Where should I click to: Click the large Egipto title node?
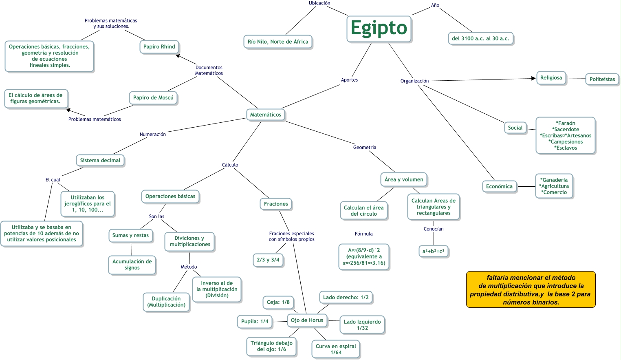379,29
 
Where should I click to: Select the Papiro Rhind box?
159,47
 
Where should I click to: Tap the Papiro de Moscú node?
153,98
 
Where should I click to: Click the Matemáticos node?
266,115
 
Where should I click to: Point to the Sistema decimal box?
100,161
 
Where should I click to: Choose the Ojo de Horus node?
307,320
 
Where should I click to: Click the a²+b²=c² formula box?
433,252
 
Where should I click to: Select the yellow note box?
531,290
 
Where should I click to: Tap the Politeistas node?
602,80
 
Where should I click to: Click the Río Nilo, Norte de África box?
278,42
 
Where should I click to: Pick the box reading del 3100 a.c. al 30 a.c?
480,39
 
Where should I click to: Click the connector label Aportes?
349,80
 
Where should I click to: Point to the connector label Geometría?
365,148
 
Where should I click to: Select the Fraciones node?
276,204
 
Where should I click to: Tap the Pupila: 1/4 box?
255,322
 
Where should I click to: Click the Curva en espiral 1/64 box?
336,349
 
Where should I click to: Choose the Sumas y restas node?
130,236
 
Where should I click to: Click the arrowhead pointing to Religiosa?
534,78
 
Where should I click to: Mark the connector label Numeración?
153,135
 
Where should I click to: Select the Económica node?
499,187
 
